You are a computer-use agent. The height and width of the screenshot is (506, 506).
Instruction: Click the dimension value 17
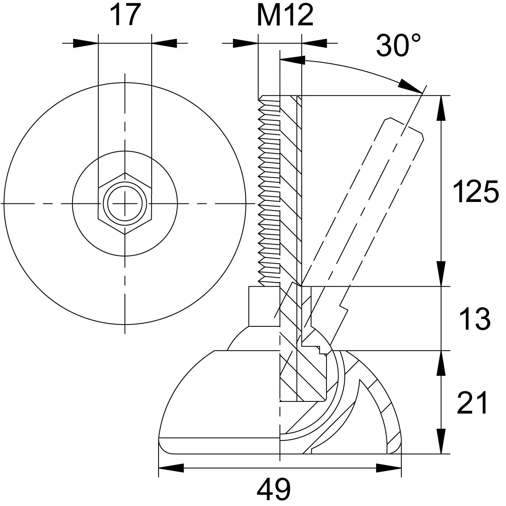pos(125,15)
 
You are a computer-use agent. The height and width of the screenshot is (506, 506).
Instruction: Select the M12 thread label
pos(285,15)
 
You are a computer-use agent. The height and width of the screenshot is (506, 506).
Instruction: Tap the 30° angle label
pos(398,45)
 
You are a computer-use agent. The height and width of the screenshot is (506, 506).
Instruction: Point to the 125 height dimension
pos(475,191)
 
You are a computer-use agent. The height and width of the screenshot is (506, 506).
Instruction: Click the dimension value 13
pos(475,319)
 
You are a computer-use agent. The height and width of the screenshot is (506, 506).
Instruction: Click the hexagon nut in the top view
pos(125,204)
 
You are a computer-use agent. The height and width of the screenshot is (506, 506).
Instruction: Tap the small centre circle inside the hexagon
pos(125,204)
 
